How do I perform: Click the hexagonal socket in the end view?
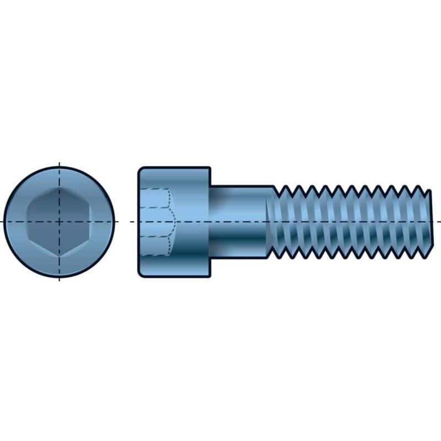[60, 222]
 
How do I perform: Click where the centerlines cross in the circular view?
[60, 222]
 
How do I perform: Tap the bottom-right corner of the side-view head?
[209, 273]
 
